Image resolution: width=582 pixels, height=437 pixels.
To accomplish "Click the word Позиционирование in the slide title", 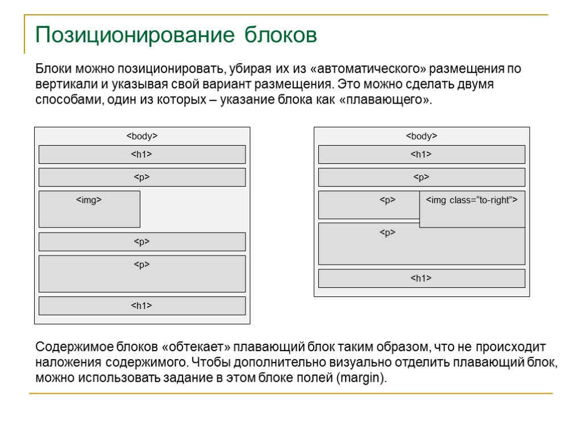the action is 134,35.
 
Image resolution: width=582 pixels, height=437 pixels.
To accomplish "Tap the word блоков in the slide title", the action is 281,35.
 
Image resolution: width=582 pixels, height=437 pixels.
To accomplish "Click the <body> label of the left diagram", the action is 142,137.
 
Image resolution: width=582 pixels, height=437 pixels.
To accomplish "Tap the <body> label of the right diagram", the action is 421,137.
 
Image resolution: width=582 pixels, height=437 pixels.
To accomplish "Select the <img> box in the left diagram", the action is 89,209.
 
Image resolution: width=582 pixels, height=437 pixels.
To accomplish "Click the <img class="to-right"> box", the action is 472,209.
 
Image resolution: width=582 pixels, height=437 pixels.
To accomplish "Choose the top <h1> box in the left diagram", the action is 142,155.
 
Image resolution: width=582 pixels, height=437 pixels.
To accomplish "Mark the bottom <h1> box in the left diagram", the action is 142,306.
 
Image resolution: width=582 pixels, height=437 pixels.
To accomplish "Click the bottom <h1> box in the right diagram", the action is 421,279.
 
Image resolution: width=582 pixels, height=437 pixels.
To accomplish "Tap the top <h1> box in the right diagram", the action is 421,155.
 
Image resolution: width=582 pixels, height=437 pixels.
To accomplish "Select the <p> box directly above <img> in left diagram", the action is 142,178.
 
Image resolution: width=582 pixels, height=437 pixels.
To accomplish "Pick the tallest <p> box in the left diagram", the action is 142,274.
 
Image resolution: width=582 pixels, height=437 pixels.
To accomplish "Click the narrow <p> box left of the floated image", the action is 369,205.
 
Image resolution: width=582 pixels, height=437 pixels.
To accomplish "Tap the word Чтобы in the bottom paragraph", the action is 210,363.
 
